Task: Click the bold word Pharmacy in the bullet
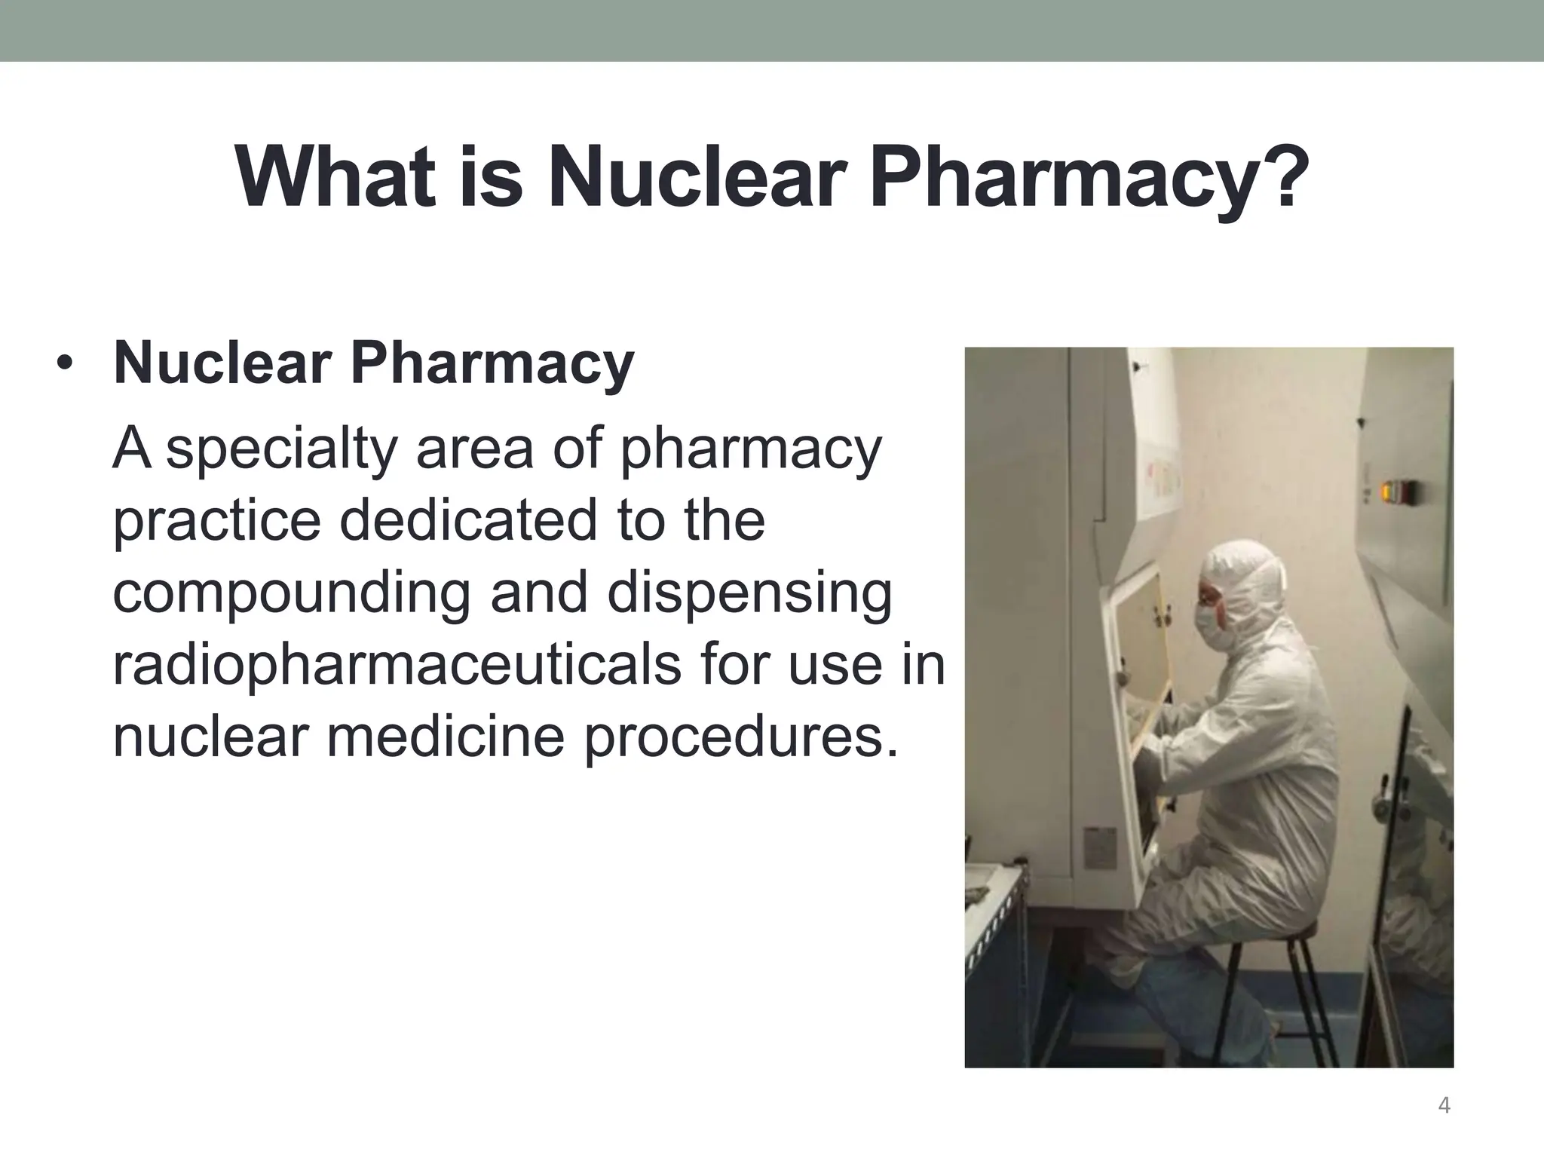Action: pyautogui.click(x=492, y=365)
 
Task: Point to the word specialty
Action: pyautogui.click(x=280, y=449)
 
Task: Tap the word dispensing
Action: pyautogui.click(x=749, y=593)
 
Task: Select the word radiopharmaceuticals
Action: pyautogui.click(x=397, y=665)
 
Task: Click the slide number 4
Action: pyautogui.click(x=1444, y=1106)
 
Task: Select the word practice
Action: pyautogui.click(x=216, y=522)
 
